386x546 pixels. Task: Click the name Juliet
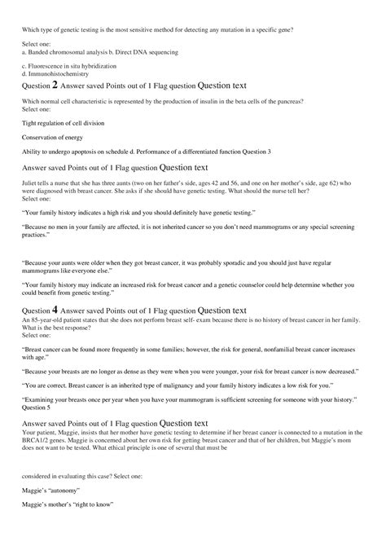pyautogui.click(x=31, y=183)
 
